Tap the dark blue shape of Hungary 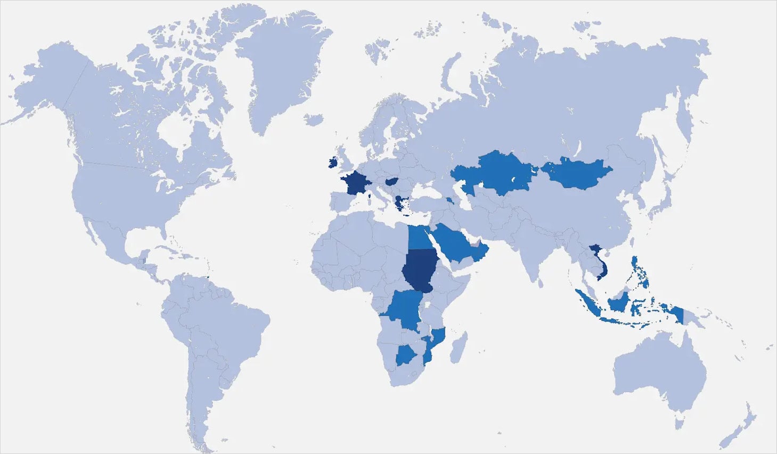point(392,182)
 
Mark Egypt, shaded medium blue point(420,239)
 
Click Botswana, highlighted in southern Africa point(406,354)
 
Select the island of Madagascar point(459,347)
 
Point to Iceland point(314,119)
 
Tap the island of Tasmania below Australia point(679,423)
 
